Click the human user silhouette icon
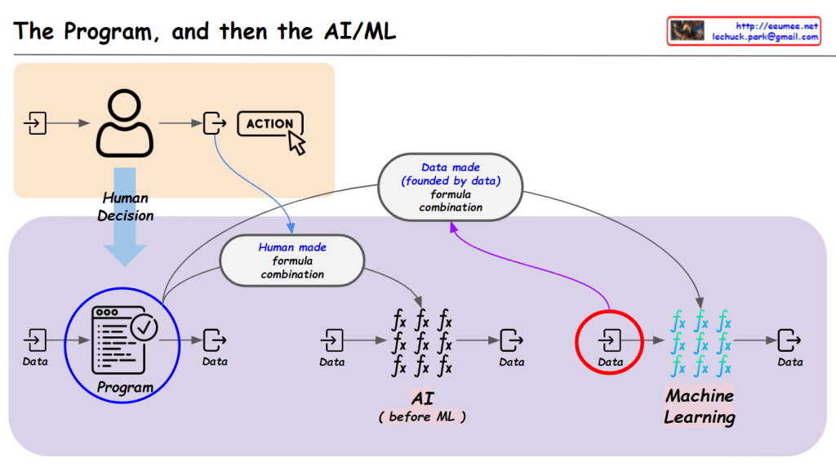(125, 123)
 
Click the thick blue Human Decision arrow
(125, 216)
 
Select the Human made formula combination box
(291, 260)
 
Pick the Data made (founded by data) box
(451, 187)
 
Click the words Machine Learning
(699, 407)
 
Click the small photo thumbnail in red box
(687, 31)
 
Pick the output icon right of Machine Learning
(789, 338)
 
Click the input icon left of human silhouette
(35, 123)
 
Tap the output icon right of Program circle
(214, 338)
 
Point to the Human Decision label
(125, 207)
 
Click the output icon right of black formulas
(512, 338)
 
